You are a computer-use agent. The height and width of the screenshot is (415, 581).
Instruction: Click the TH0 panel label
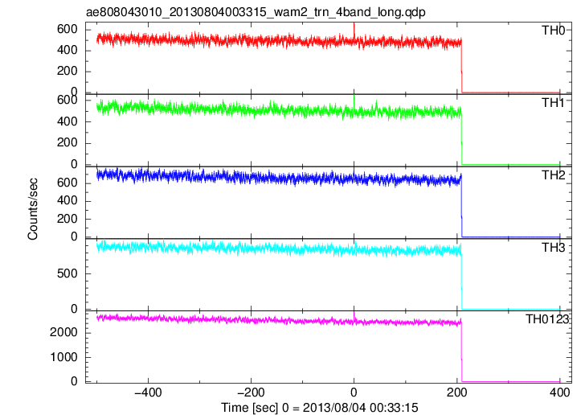[x=553, y=31]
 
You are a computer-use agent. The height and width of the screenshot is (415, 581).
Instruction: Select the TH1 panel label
[x=553, y=103]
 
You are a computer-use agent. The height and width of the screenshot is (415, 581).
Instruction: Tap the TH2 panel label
[x=553, y=175]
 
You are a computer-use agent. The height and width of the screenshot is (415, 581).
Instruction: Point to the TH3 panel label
[x=553, y=248]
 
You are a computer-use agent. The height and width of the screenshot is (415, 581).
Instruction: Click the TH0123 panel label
[x=547, y=319]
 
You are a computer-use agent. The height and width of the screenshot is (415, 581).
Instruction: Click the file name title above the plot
[x=256, y=12]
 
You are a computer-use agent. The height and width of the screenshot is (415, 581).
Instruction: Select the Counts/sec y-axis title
[x=33, y=209]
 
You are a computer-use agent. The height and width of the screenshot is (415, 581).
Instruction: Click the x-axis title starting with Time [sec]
[x=320, y=408]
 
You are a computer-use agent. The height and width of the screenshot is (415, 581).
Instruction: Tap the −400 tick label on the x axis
[x=148, y=392]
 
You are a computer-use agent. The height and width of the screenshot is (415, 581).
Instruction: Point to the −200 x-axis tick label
[x=251, y=392]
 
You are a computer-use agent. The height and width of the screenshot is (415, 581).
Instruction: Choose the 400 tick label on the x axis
[x=559, y=392]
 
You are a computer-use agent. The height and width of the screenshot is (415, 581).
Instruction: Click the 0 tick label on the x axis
[x=354, y=392]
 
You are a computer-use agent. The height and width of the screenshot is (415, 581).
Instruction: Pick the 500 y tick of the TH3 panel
[x=67, y=273]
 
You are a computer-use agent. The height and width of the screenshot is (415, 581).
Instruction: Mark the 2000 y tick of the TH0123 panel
[x=63, y=333]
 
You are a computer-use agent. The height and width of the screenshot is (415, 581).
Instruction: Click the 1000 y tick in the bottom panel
[x=63, y=357]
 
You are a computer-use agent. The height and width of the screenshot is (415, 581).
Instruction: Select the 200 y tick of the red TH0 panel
[x=67, y=71]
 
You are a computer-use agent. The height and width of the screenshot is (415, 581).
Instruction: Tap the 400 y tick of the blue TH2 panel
[x=67, y=200]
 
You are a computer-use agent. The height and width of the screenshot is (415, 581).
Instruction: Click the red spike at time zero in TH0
[x=354, y=31]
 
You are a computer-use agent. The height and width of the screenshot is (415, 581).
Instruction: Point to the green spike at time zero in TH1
[x=354, y=102]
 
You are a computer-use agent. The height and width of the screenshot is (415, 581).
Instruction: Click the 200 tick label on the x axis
[x=457, y=392]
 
